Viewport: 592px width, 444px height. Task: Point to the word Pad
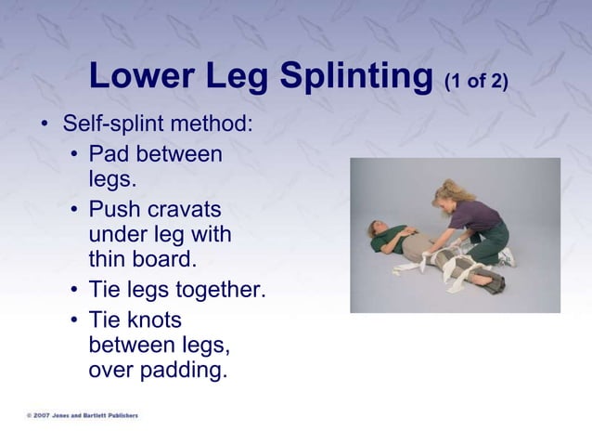click(x=109, y=153)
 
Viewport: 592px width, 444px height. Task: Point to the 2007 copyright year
click(x=42, y=415)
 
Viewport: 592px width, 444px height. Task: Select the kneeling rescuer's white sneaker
click(x=507, y=257)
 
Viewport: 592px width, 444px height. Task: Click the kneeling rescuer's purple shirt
click(x=473, y=216)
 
